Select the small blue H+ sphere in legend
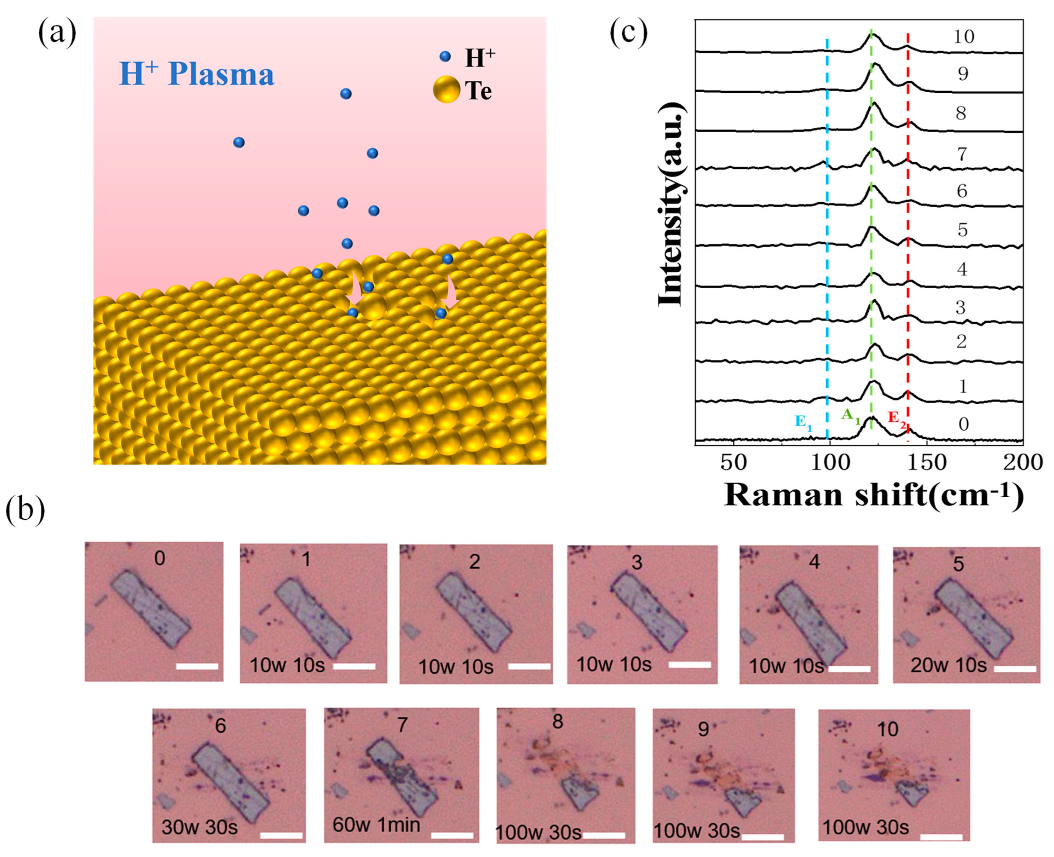[445, 57]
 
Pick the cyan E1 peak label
[803, 422]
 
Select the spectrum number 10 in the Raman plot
[963, 37]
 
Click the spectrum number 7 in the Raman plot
[962, 154]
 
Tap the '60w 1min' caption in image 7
[377, 824]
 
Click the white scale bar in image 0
[197, 667]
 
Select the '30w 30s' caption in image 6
[199, 827]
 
